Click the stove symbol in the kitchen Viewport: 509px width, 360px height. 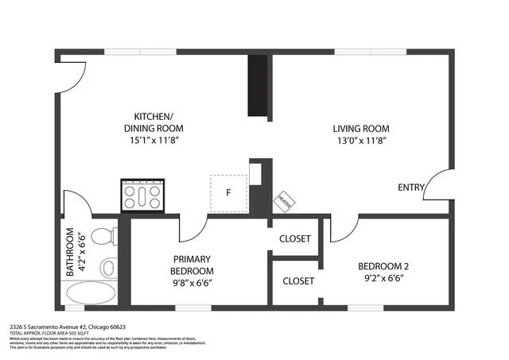coord(142,195)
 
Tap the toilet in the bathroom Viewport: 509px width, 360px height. coord(103,237)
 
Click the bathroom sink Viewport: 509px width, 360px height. coord(107,268)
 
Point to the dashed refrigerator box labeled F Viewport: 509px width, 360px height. coord(228,193)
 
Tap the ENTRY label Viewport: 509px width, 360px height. coord(411,188)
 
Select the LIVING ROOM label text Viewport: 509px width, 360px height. coord(360,129)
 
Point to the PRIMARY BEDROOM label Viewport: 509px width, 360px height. coord(192,265)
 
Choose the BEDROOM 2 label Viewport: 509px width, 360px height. coord(382,266)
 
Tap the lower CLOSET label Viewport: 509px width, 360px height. coord(298,281)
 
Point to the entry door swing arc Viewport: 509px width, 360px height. coord(436,184)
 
